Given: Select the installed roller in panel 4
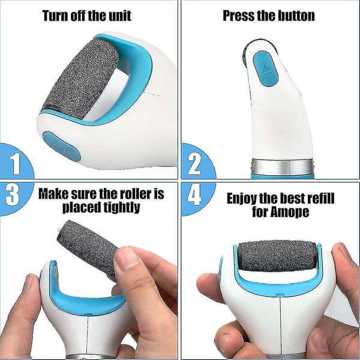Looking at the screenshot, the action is (x=277, y=256).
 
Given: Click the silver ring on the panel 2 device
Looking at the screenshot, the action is (x=282, y=167).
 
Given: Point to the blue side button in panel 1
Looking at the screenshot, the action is (x=62, y=146).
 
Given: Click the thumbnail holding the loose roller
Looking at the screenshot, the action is (x=125, y=258).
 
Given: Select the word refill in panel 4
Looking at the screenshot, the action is (x=321, y=199).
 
